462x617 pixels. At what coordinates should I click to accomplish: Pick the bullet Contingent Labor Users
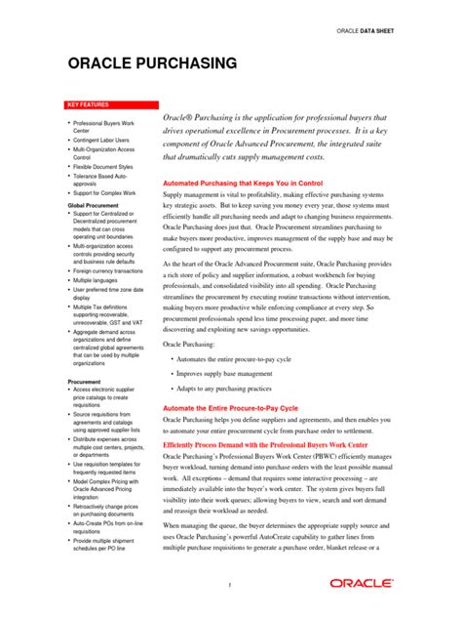coord(103,140)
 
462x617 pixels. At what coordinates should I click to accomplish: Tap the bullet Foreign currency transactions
coord(109,270)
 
